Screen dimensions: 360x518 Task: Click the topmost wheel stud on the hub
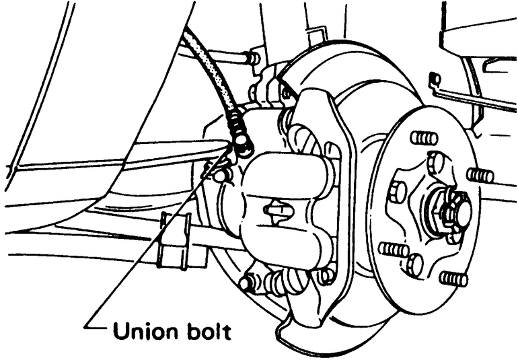(x=423, y=138)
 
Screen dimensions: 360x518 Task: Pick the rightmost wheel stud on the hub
(x=480, y=176)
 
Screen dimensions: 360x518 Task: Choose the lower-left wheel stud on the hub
(x=393, y=250)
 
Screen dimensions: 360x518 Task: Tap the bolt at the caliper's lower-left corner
(x=248, y=283)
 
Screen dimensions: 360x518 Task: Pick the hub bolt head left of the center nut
(x=398, y=192)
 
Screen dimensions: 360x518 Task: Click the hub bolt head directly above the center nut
(x=436, y=161)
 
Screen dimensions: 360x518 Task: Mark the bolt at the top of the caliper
(x=254, y=59)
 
